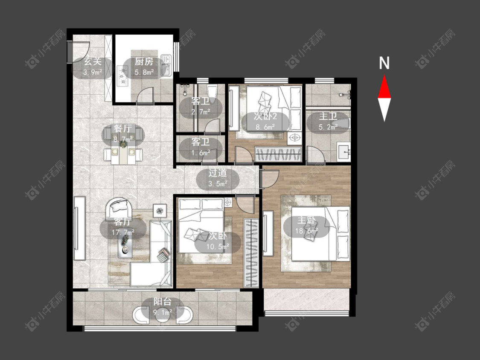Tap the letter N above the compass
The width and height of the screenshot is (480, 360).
click(384, 63)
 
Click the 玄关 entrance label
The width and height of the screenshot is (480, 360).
click(93, 62)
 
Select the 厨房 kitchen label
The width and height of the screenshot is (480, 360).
click(144, 62)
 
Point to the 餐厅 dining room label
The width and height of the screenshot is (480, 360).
click(123, 128)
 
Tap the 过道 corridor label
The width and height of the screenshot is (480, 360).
click(218, 173)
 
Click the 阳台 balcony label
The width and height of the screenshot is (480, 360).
click(163, 302)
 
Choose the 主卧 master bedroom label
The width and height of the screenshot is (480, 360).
click(306, 220)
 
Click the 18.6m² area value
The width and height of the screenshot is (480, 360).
click(306, 230)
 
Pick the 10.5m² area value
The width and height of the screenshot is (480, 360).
click(218, 246)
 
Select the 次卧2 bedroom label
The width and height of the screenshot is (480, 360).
click(265, 116)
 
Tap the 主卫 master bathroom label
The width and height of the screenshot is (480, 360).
click(328, 116)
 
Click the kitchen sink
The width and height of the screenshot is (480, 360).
click(166, 66)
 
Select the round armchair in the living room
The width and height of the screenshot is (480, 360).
click(119, 209)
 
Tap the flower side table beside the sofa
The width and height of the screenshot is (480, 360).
click(160, 211)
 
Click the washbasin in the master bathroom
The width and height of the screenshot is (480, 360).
click(344, 151)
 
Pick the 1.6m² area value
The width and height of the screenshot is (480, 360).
click(201, 152)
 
